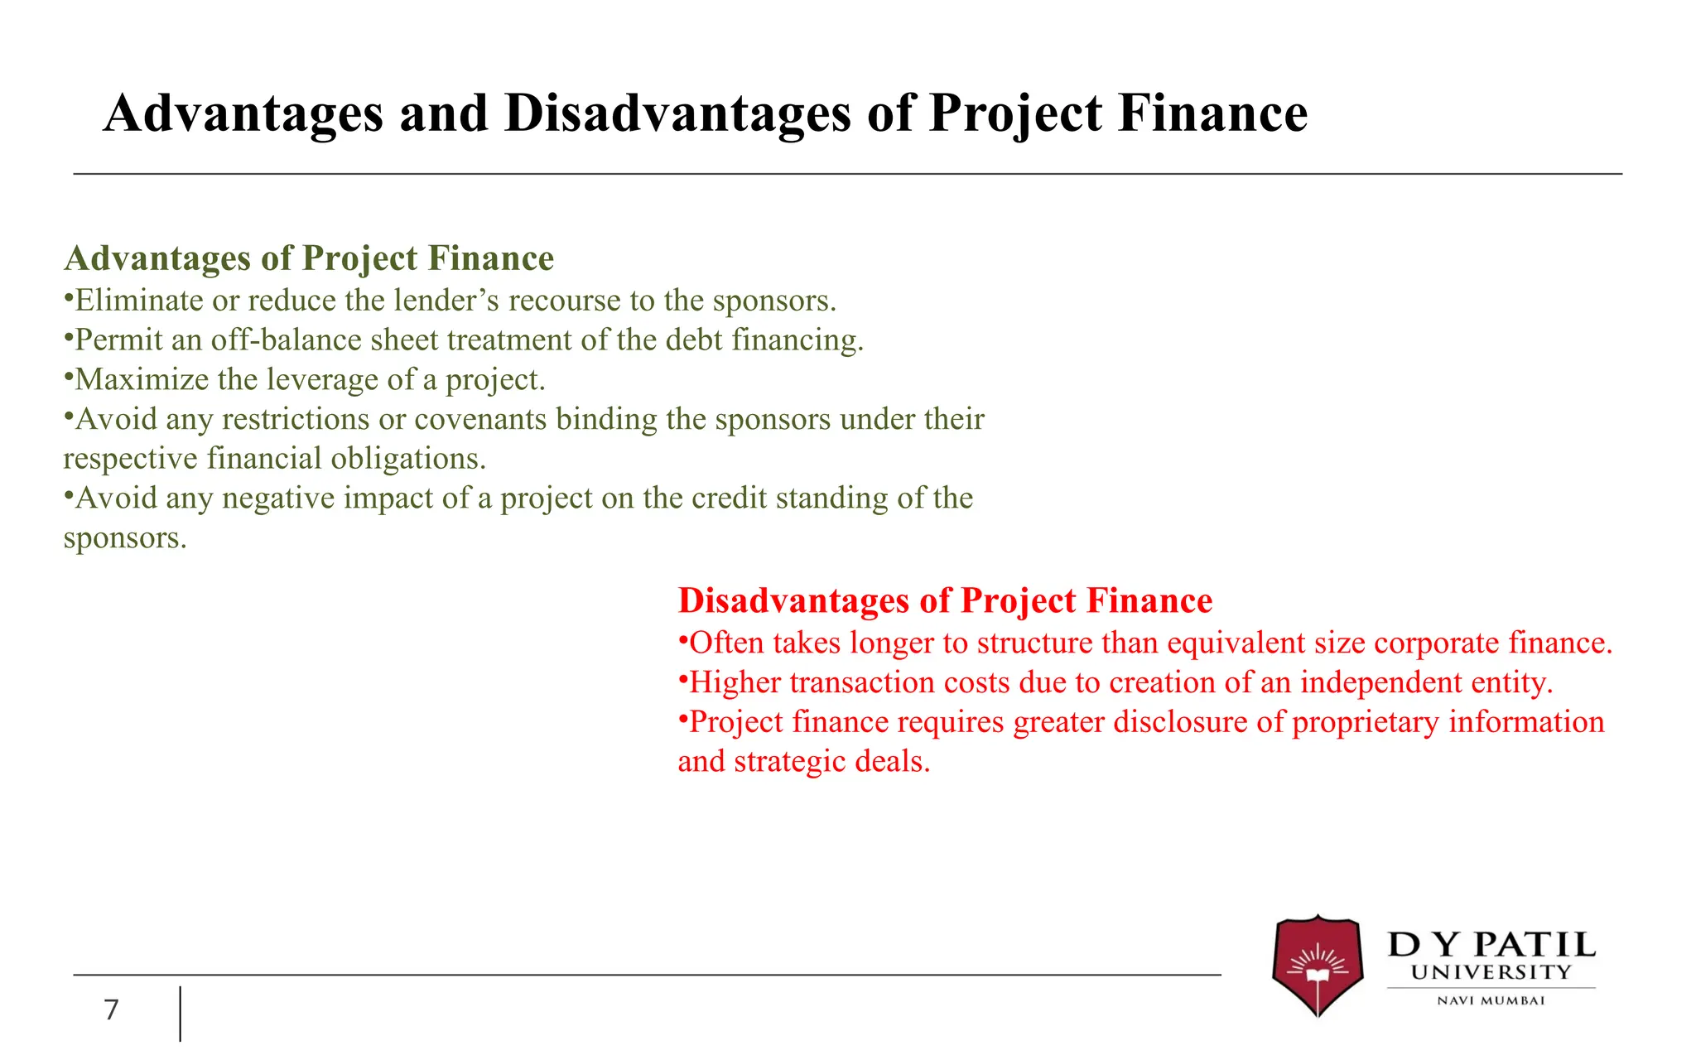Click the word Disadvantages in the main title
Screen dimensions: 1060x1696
click(677, 113)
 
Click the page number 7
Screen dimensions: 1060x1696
click(111, 1009)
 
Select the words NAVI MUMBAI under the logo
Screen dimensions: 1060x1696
click(1491, 1000)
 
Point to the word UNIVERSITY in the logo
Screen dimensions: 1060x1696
click(1491, 972)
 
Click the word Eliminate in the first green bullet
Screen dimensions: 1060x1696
click(137, 301)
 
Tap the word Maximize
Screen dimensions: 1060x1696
click(142, 380)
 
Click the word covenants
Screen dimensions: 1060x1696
click(480, 420)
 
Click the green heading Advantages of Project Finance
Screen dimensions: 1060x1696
click(309, 258)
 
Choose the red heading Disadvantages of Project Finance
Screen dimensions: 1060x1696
click(945, 600)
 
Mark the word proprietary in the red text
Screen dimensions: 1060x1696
click(1365, 722)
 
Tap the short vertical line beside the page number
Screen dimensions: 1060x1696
click(181, 1013)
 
